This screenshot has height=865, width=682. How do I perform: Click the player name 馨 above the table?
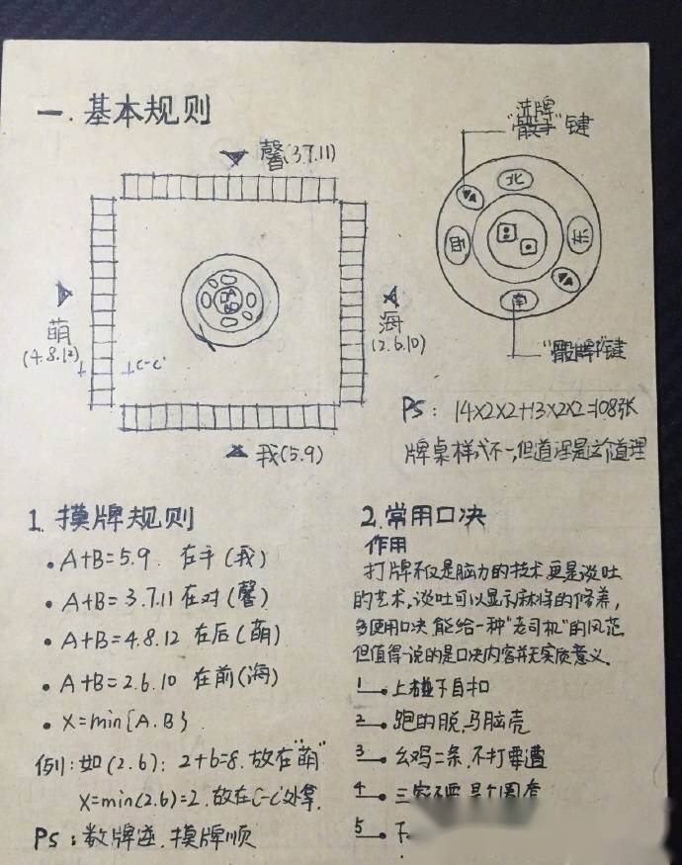272,155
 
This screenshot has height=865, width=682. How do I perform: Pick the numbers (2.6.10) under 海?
399,345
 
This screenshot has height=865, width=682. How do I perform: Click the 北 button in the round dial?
512,180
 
